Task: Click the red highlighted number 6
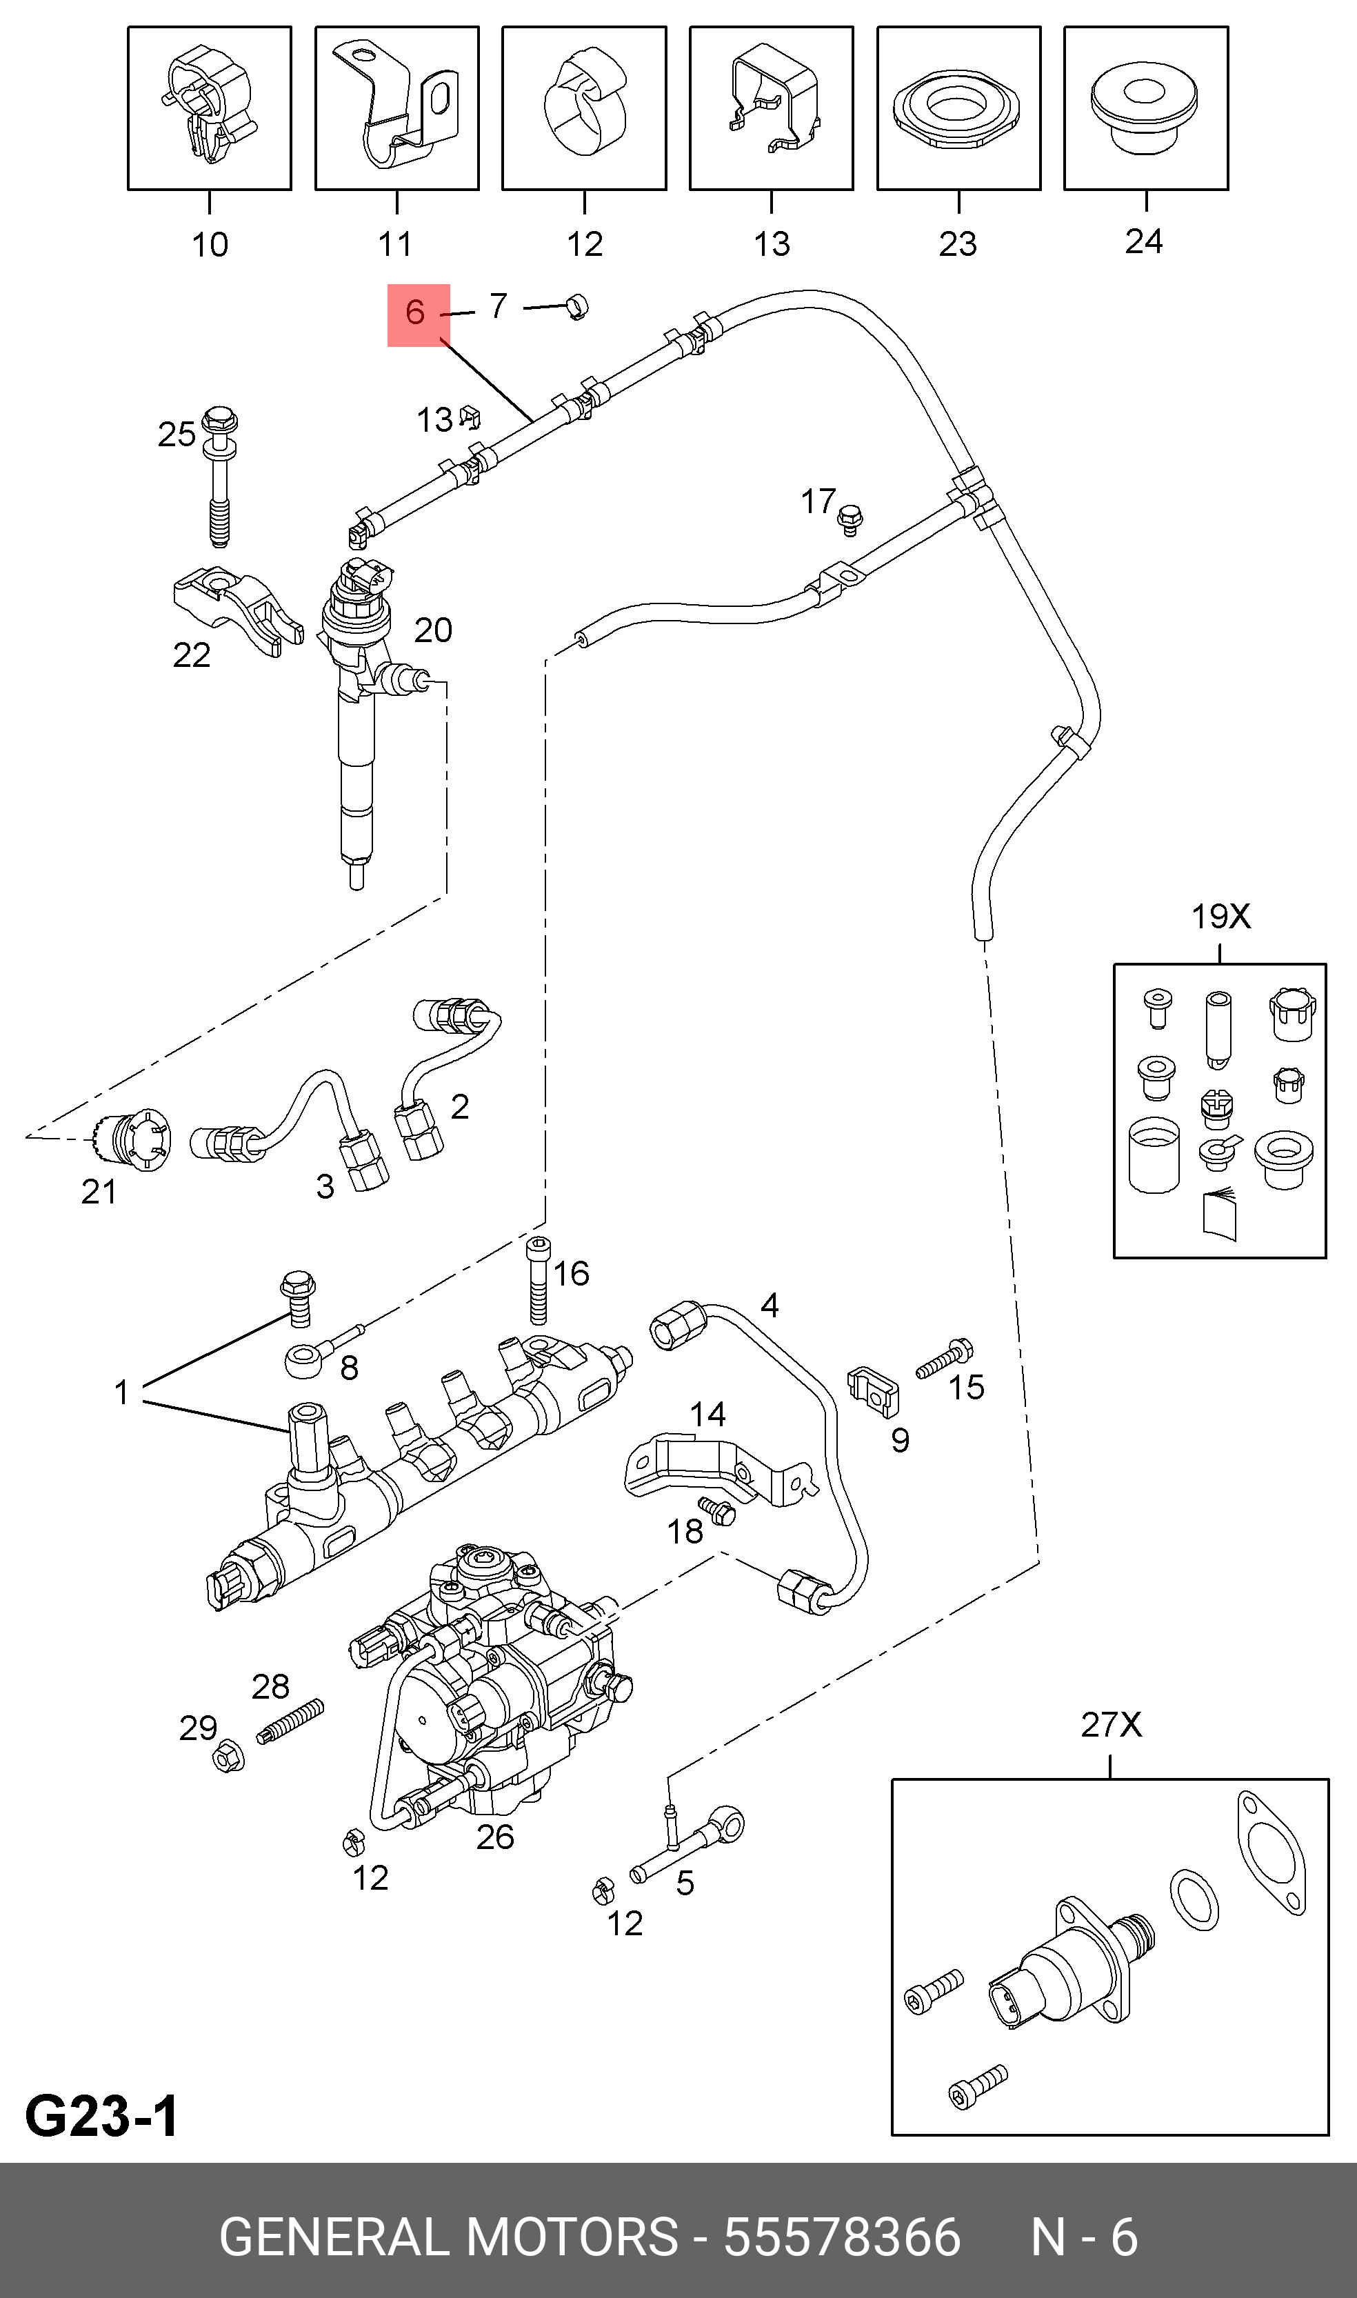click(415, 312)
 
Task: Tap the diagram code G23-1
click(103, 2116)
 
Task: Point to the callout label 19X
click(1220, 915)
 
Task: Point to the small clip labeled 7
click(576, 306)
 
